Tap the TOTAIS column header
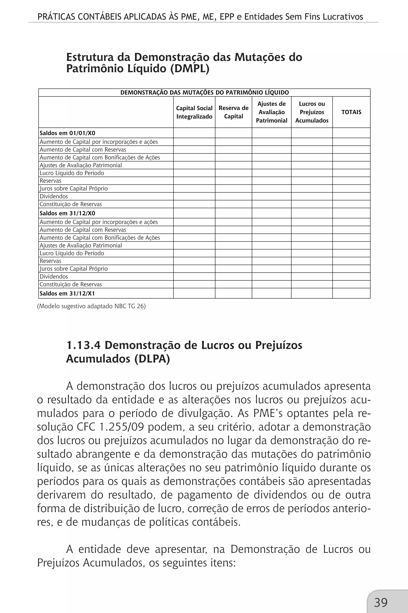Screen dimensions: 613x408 (x=351, y=112)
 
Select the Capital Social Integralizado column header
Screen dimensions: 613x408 (x=194, y=112)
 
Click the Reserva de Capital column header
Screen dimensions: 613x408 (x=233, y=112)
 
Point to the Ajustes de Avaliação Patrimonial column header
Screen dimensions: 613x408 (x=271, y=112)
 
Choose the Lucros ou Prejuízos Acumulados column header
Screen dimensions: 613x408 (x=312, y=112)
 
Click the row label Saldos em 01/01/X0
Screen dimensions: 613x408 (x=67, y=133)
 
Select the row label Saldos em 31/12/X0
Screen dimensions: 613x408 (x=67, y=213)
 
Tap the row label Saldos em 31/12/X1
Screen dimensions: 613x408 (x=67, y=294)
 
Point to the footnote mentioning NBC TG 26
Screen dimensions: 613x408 (x=91, y=306)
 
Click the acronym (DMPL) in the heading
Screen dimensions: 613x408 (x=190, y=69)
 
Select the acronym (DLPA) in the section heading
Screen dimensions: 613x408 (x=152, y=359)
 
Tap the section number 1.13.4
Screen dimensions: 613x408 (x=83, y=345)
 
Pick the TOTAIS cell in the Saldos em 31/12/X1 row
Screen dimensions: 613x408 (x=351, y=294)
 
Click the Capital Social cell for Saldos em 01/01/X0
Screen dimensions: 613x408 (x=194, y=133)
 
